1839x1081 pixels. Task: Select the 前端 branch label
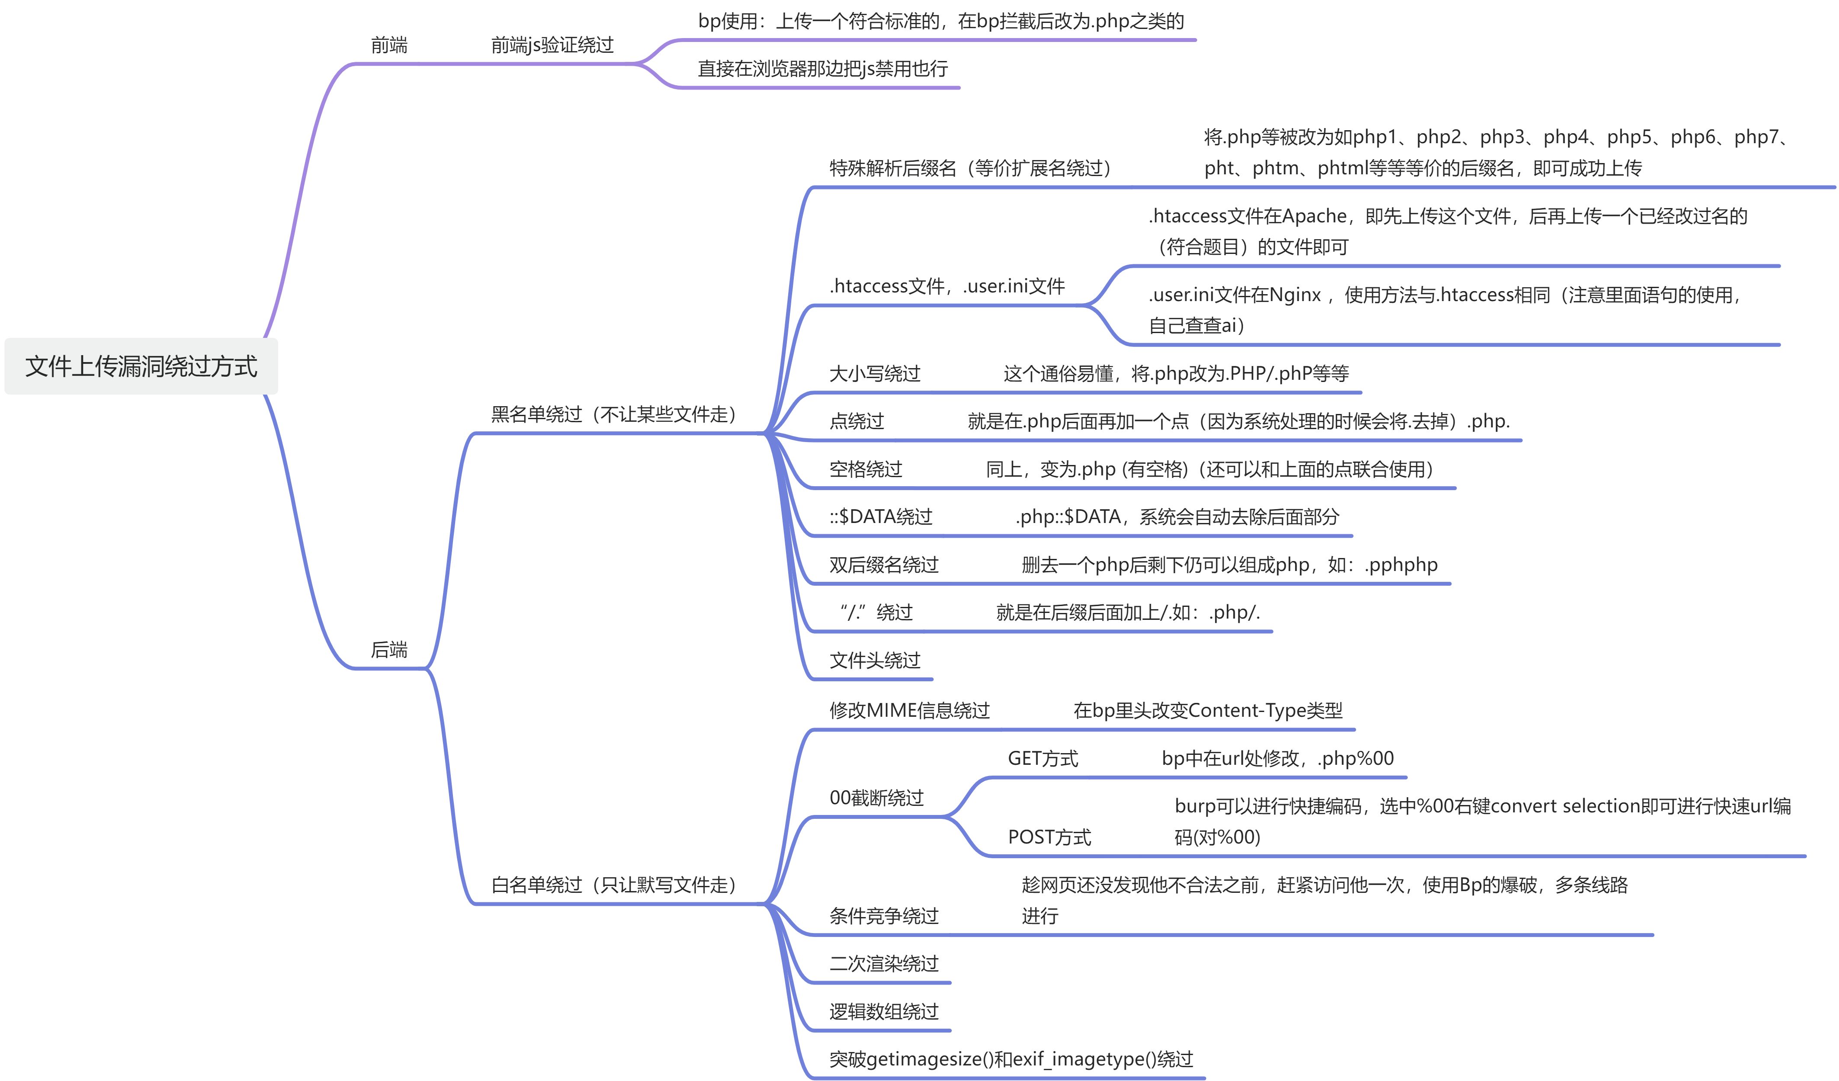[389, 45]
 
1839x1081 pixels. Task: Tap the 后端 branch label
[389, 649]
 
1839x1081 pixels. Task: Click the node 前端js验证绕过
[552, 45]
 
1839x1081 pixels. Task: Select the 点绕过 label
[857, 421]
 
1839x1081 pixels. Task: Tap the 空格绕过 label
[866, 468]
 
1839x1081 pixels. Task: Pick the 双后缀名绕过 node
[884, 564]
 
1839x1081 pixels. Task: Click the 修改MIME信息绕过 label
[909, 710]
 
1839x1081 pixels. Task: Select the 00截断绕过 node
[876, 798]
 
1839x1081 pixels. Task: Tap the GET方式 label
[1043, 758]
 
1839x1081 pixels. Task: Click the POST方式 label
[1049, 837]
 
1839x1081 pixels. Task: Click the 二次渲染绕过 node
[884, 963]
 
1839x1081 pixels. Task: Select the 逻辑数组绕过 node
[884, 1011]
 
